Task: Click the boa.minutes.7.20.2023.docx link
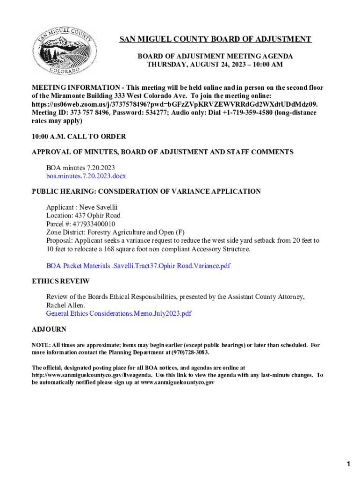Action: click(86, 176)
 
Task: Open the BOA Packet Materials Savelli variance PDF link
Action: click(138, 266)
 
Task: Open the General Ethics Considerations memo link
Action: click(119, 313)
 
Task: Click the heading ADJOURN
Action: click(49, 329)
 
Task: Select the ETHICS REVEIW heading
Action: click(60, 282)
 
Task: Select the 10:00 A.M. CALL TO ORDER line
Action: click(79, 137)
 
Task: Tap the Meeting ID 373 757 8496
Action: click(92, 113)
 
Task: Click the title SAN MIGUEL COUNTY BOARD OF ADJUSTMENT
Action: click(215, 39)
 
